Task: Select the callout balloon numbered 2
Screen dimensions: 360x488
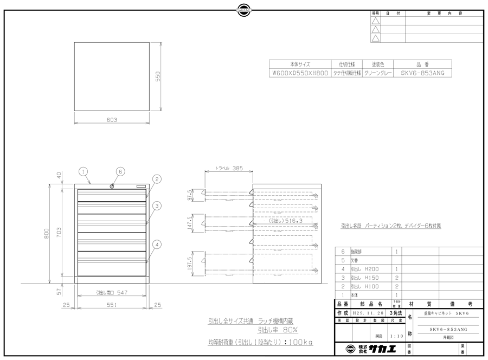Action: point(156,179)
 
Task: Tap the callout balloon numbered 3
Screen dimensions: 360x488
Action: point(156,205)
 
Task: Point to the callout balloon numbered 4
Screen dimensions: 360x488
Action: point(156,245)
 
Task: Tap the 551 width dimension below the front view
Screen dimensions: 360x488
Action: point(112,306)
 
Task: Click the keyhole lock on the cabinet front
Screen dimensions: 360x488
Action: point(112,187)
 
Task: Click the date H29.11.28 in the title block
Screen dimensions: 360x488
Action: point(369,313)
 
